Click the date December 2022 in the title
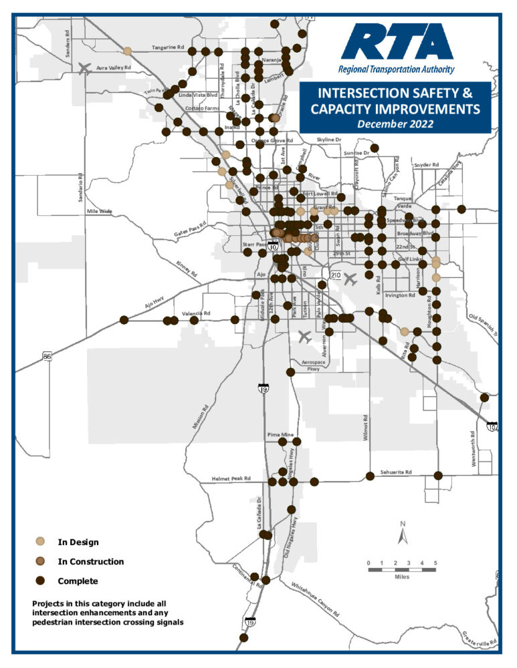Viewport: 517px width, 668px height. pos(395,124)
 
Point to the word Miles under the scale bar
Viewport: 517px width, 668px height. pos(402,576)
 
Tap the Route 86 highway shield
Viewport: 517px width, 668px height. pos(47,357)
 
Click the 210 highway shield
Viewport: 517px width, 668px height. pos(336,275)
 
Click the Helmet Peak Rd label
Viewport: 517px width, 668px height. pos(231,479)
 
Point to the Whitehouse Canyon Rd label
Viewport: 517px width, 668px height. pos(314,599)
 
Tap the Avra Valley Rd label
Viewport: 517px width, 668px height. pos(113,67)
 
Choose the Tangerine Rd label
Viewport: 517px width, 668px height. pos(167,47)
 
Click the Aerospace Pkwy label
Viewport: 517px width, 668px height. pos(313,364)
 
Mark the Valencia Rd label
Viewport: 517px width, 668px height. pos(196,313)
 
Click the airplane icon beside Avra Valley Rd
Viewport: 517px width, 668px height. pos(85,67)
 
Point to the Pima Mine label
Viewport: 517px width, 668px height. pos(281,434)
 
